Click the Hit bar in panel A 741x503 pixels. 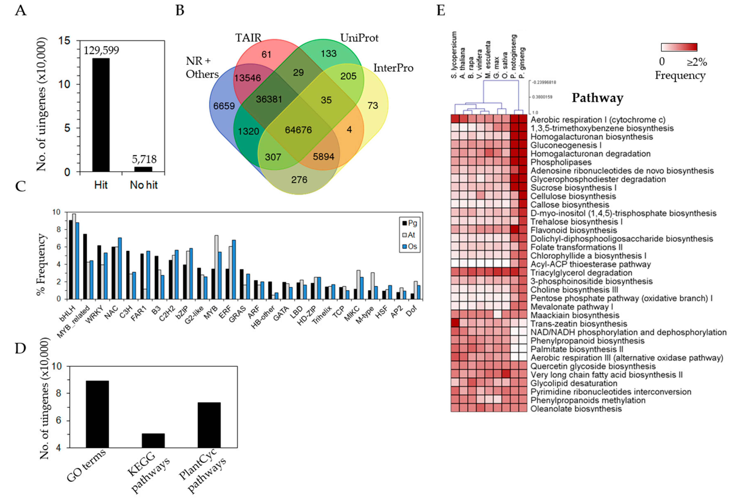101,115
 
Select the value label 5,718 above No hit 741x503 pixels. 144,159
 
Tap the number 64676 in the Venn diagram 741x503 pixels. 298,130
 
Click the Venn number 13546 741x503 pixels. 247,78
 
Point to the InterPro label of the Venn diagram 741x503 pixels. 393,68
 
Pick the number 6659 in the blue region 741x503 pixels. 224,106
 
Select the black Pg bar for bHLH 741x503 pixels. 71,259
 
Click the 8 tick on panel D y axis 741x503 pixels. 65,393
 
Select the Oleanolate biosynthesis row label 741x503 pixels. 576,409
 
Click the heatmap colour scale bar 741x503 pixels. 679,47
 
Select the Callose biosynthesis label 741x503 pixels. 569,205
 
